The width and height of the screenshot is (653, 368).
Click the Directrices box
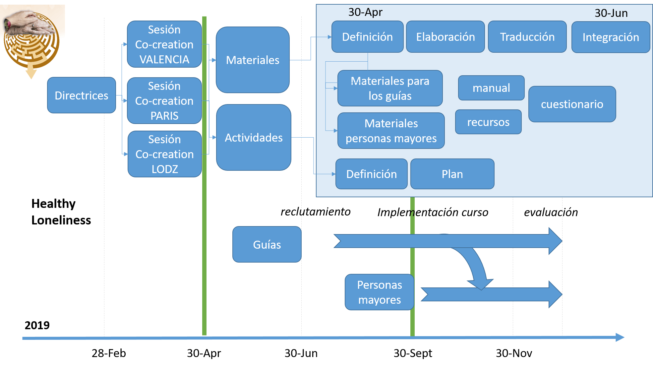(x=82, y=95)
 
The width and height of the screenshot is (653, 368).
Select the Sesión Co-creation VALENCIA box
(x=164, y=44)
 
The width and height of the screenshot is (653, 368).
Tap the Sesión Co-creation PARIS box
(x=164, y=101)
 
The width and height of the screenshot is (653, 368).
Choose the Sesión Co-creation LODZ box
(x=165, y=154)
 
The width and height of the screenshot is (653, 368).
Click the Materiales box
(x=253, y=60)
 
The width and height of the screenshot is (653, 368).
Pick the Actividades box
(x=254, y=138)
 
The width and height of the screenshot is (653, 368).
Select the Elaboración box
(x=445, y=37)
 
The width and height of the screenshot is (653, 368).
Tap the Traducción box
(x=527, y=37)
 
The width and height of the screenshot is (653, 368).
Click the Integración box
(x=611, y=37)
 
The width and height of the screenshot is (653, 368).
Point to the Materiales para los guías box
(x=390, y=88)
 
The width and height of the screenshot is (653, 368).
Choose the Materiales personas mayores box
(x=391, y=131)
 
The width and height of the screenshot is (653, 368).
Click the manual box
(x=491, y=88)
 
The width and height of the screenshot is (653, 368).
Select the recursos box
(x=488, y=122)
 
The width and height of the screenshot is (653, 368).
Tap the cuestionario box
(x=572, y=104)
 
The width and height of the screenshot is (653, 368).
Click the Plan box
(x=452, y=174)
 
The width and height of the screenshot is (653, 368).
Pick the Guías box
(x=267, y=245)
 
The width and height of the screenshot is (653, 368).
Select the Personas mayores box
(x=380, y=292)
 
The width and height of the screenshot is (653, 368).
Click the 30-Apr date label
(x=365, y=12)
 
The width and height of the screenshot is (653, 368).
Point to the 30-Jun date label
(x=611, y=13)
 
